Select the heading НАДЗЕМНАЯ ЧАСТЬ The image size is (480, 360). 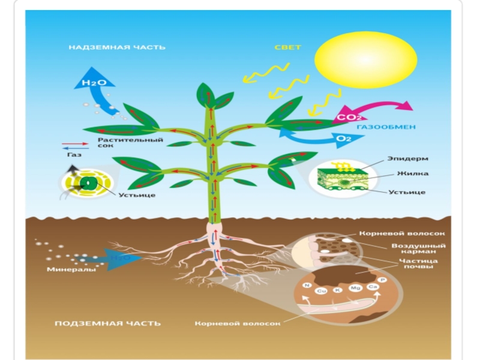[x=116, y=47]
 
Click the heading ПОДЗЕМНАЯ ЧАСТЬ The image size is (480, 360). [x=107, y=323]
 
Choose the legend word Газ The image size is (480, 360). [x=73, y=154]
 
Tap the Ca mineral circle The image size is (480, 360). [x=372, y=287]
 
